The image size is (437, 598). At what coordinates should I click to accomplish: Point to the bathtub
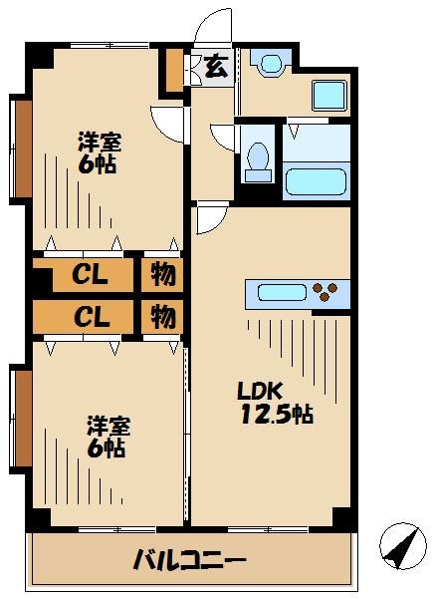tap(315, 181)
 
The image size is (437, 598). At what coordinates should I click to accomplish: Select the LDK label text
tap(256, 390)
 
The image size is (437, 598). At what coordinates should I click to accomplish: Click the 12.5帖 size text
tap(276, 413)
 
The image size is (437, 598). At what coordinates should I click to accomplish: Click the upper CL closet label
tap(90, 274)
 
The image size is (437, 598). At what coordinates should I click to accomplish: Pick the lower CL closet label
tap(90, 316)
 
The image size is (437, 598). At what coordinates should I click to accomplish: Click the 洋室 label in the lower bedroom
tap(106, 427)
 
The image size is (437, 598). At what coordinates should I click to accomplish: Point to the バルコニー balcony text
tap(189, 559)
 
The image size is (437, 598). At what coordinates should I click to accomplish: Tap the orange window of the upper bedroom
tap(21, 148)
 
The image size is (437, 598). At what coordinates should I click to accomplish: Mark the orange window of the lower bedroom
tap(21, 419)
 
